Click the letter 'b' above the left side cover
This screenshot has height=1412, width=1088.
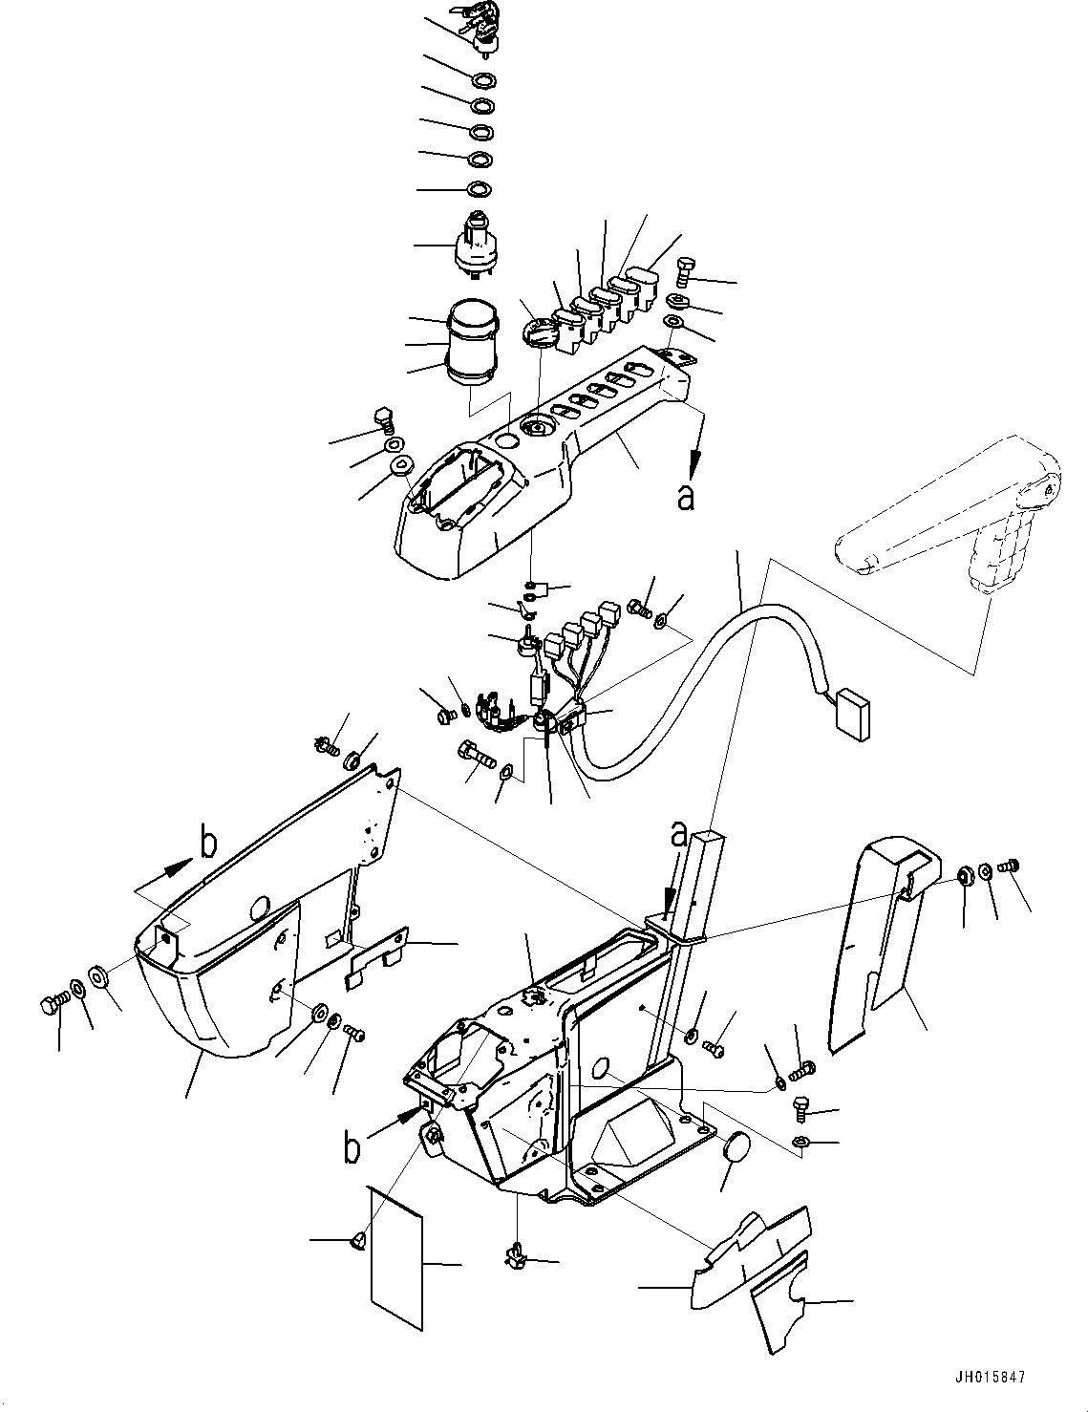coord(208,843)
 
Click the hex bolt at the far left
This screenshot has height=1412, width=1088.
coord(53,1005)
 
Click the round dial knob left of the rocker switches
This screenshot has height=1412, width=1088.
coord(537,336)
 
